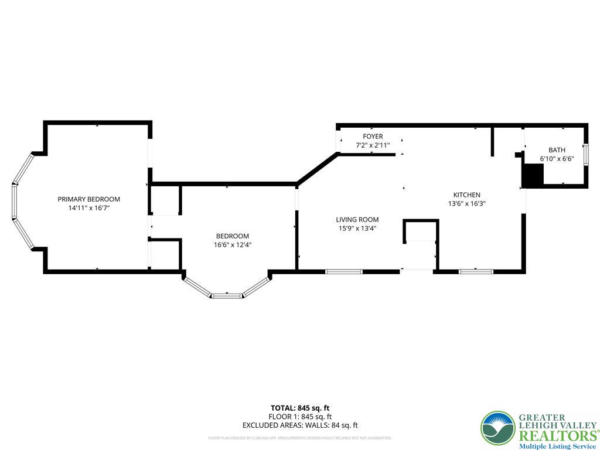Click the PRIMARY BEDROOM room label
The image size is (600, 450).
coord(88,199)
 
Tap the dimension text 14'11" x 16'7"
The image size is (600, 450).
coord(88,208)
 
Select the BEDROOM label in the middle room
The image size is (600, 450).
coord(232,236)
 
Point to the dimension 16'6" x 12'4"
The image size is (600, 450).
coord(232,245)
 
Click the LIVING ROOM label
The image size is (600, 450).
coord(357,220)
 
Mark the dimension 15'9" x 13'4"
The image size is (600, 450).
coord(357,229)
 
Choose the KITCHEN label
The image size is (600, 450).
coord(466,195)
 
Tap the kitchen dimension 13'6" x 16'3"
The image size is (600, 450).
coord(466,204)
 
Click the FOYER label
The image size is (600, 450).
coord(373,137)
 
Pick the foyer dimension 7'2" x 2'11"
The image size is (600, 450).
coord(373,145)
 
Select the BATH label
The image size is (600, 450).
coord(557,150)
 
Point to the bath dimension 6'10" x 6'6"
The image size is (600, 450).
coord(557,158)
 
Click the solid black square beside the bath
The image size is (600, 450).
coord(533,176)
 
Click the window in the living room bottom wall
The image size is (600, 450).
coord(344,271)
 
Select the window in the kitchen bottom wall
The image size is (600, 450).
coord(476,271)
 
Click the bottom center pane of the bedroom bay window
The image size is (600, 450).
coord(227,296)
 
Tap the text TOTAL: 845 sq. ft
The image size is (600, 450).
coord(299,408)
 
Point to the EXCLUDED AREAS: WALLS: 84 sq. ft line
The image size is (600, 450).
coord(299,425)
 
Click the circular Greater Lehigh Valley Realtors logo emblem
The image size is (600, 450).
coord(497,428)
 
